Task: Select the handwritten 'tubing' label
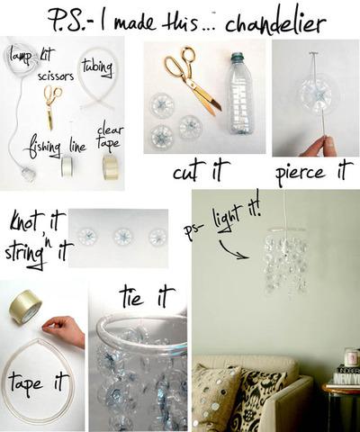pos(96,67)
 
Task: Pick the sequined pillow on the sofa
pos(218,396)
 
